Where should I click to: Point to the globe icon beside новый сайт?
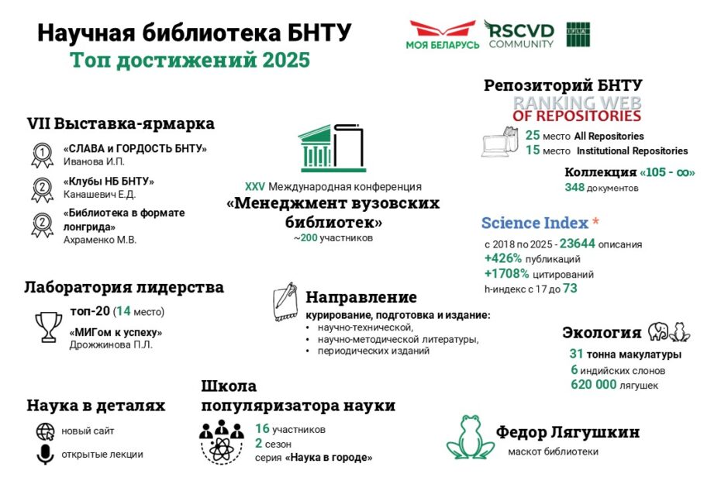(x=45, y=431)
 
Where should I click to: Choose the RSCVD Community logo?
(x=520, y=34)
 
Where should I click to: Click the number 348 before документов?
(x=574, y=188)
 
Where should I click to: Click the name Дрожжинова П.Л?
(x=111, y=344)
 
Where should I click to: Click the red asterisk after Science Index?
(x=595, y=223)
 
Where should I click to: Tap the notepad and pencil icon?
(x=285, y=303)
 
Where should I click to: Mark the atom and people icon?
(x=221, y=441)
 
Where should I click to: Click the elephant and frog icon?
(x=669, y=332)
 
